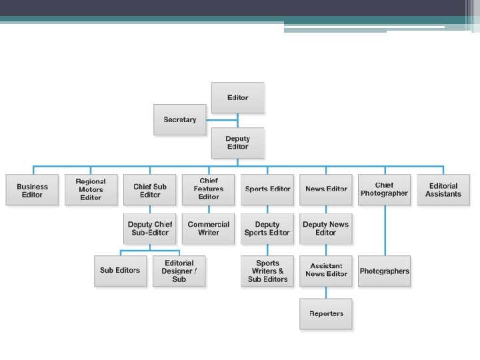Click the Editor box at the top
[237, 97]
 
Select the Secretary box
[179, 120]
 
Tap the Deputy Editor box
[237, 143]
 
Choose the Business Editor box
[32, 190]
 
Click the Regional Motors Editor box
[91, 189]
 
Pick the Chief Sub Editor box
[150, 190]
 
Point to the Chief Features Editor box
[209, 189]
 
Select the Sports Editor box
[267, 189]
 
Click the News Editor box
[326, 189]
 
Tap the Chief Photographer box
[384, 189]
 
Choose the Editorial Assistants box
[443, 190]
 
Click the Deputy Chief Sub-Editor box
[150, 229]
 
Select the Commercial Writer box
[209, 229]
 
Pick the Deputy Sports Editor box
[267, 229]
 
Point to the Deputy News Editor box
[326, 229]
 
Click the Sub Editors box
[120, 271]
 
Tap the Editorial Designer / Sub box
[179, 271]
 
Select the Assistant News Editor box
[326, 271]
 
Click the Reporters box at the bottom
[326, 313]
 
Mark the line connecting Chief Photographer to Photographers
[384, 230]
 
